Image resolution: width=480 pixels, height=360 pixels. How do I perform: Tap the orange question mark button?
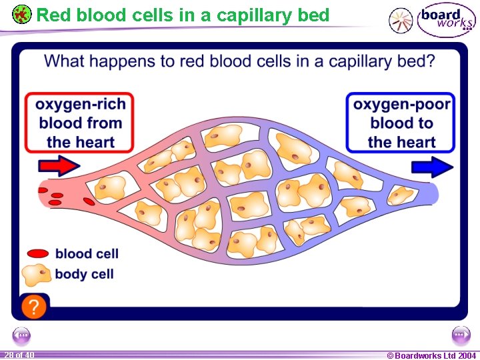pyautogui.click(x=34, y=307)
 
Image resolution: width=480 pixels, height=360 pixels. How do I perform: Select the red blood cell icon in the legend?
pyautogui.click(x=38, y=253)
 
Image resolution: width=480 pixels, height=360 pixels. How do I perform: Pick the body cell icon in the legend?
pyautogui.click(x=37, y=274)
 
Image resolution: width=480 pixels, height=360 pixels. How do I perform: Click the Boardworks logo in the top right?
pyautogui.click(x=446, y=20)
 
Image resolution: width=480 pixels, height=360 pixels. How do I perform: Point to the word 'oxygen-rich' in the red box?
pyautogui.click(x=80, y=104)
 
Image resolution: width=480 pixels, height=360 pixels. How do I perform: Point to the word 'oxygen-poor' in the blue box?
pyautogui.click(x=401, y=104)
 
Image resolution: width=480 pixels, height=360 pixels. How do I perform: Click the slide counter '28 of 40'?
pyautogui.click(x=19, y=355)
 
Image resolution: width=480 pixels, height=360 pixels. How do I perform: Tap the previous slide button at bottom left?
pyautogui.click(x=22, y=335)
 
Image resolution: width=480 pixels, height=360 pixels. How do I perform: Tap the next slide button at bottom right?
pyautogui.click(x=460, y=335)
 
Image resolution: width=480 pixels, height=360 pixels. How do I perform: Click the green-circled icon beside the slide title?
pyautogui.click(x=22, y=14)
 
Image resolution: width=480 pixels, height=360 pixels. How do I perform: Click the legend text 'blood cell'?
pyautogui.click(x=87, y=253)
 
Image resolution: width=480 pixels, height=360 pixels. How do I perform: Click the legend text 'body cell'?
pyautogui.click(x=85, y=274)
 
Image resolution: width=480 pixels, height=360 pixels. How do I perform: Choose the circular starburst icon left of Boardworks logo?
pyautogui.click(x=401, y=21)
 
